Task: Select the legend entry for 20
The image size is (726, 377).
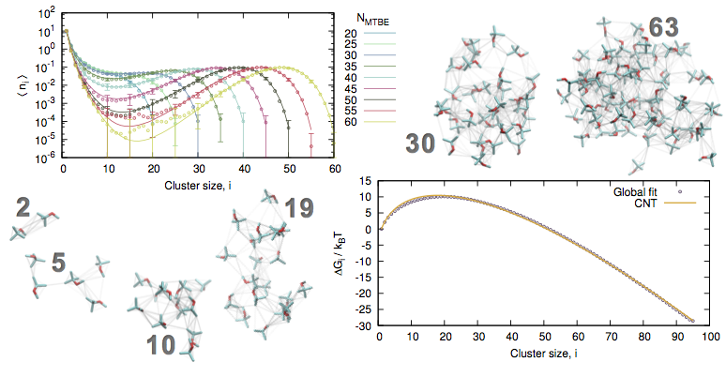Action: tap(364, 33)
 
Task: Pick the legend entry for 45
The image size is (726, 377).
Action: tap(364, 88)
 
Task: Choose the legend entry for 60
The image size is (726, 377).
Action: tap(364, 121)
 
